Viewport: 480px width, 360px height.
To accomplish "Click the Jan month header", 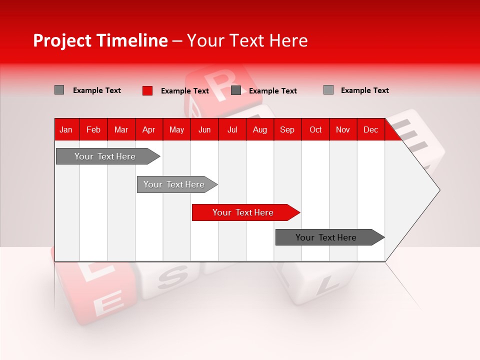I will point(66,130).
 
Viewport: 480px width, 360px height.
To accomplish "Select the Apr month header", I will point(148,130).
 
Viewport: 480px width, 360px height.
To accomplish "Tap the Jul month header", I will point(232,130).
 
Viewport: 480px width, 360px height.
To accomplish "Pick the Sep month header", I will point(287,130).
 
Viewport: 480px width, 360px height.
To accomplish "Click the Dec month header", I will point(370,130).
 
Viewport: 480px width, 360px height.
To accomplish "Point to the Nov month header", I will point(342,130).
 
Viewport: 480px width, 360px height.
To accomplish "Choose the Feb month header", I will point(93,130).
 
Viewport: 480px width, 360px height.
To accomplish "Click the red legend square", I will point(147,90).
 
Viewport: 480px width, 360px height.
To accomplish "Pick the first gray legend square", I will point(59,90).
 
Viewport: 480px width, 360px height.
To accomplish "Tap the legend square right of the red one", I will point(236,90).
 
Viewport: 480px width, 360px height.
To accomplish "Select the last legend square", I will point(328,90).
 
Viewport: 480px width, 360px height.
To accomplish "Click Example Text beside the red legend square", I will point(184,91).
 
